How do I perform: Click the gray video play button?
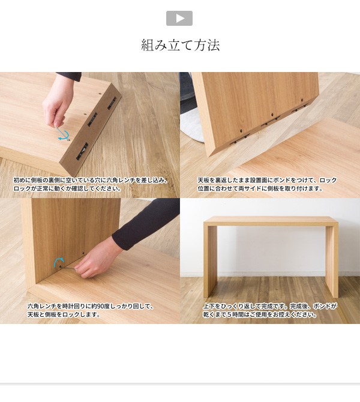tap(179, 18)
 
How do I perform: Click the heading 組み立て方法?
tap(180, 45)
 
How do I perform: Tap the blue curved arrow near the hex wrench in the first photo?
tap(64, 135)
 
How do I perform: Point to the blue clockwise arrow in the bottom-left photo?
tap(58, 262)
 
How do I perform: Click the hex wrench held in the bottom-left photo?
tap(68, 268)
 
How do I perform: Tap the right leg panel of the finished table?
tap(332, 260)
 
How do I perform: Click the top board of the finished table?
tap(271, 221)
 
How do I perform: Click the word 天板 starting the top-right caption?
tap(203, 180)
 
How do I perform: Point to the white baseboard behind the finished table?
tap(270, 274)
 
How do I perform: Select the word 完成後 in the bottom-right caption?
tap(298, 306)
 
